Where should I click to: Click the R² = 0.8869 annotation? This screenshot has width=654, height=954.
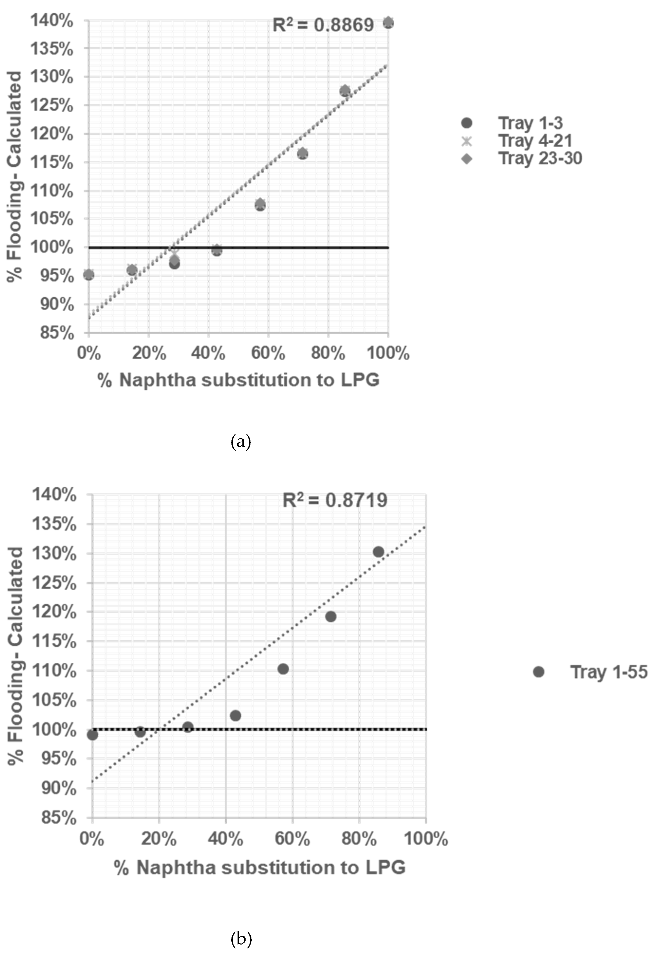[x=323, y=25]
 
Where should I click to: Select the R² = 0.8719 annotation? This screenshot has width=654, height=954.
[x=335, y=500]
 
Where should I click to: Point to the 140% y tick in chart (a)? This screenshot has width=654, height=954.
[x=52, y=20]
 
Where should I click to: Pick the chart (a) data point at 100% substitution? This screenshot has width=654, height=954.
[x=388, y=23]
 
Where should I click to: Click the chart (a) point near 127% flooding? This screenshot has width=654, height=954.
[x=345, y=91]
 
